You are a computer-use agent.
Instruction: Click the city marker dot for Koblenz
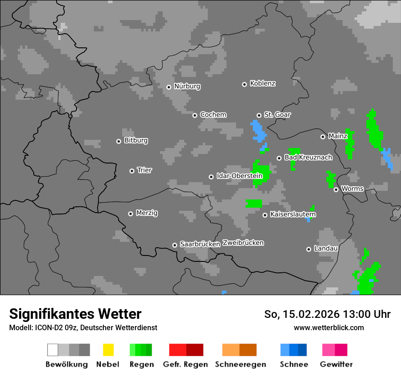point(244,84)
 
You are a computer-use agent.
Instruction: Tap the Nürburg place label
point(187,86)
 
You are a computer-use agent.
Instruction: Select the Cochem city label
point(213,115)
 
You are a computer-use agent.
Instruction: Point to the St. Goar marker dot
point(259,116)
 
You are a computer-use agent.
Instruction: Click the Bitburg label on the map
point(136,141)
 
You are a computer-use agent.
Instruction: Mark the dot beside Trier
point(132,171)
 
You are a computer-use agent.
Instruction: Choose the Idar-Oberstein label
point(239,176)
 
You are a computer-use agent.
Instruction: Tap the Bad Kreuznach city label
point(308,158)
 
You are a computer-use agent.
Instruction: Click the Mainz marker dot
point(323,137)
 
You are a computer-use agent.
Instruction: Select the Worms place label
point(352,189)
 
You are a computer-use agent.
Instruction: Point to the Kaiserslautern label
point(293,214)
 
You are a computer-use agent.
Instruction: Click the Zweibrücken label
point(243,243)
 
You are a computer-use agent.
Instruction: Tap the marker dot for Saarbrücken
point(175,245)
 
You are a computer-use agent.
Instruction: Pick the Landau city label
point(326,248)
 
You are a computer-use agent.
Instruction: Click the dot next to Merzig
point(130,214)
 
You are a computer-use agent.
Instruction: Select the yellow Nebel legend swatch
point(108,350)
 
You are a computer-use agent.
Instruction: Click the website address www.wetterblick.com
point(329,327)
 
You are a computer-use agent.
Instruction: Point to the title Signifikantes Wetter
point(75,314)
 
